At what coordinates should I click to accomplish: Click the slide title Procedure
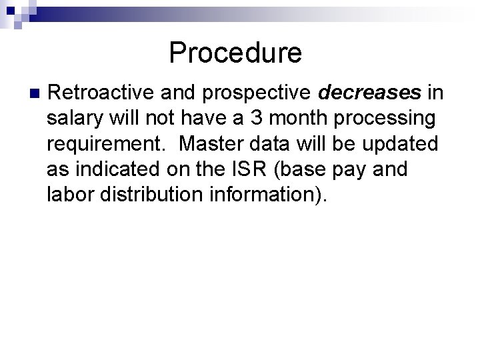235,53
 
